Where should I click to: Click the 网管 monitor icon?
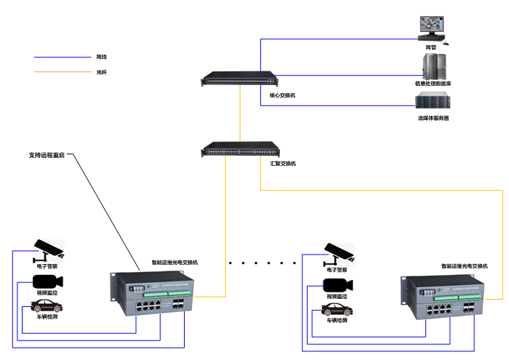point(432,28)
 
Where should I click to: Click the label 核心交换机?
point(283,95)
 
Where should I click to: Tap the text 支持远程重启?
point(47,155)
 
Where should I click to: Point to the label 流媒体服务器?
point(433,118)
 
